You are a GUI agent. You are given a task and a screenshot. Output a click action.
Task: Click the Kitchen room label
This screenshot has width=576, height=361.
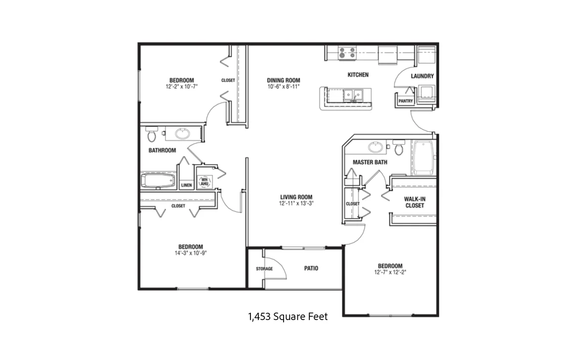(358, 75)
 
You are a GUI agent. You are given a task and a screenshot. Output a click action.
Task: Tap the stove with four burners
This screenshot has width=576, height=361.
(347, 53)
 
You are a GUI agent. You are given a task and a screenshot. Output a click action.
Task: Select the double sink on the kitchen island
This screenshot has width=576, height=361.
(353, 95)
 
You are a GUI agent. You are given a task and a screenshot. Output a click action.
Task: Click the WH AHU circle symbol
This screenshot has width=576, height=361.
(204, 181)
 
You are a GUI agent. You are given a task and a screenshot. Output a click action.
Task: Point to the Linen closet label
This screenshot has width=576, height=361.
(187, 185)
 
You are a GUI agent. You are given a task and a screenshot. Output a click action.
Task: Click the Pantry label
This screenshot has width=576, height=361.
(406, 101)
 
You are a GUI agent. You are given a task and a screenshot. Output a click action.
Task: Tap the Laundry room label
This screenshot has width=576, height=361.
(422, 76)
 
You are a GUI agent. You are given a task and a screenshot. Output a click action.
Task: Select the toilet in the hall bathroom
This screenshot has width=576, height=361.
(151, 134)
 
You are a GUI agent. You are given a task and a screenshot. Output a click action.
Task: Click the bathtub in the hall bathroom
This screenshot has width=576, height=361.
(158, 180)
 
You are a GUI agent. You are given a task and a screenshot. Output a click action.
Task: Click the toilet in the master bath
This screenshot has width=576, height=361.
(399, 147)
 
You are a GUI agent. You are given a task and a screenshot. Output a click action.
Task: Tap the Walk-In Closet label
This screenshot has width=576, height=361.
(415, 203)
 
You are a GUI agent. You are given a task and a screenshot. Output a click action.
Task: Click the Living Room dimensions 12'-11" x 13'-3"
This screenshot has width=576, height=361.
(296, 203)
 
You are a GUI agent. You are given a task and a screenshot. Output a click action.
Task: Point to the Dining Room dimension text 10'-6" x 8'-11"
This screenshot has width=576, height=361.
(284, 87)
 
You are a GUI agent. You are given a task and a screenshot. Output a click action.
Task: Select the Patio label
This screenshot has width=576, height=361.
(311, 269)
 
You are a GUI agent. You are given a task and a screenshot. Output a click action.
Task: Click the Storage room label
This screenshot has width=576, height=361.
(264, 269)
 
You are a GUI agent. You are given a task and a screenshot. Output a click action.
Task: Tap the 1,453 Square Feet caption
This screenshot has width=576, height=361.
(288, 316)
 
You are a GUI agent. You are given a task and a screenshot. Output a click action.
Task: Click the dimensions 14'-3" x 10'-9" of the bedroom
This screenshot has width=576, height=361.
(191, 253)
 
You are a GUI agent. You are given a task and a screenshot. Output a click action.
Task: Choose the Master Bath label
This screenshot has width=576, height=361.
(370, 162)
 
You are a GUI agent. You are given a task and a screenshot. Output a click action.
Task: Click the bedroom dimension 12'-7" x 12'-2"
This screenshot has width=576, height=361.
(390, 272)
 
